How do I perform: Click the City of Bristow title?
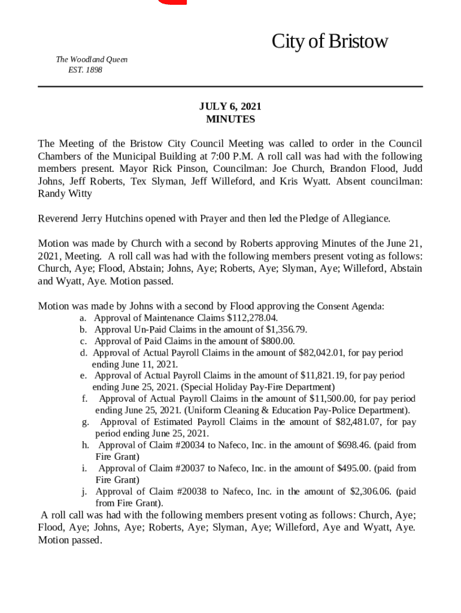329,42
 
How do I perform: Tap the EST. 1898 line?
86,70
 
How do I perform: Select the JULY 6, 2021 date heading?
230,107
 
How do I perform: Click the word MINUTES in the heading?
230,119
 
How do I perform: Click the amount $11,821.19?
323,375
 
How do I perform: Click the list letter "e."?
84,375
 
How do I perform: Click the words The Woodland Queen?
92,60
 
